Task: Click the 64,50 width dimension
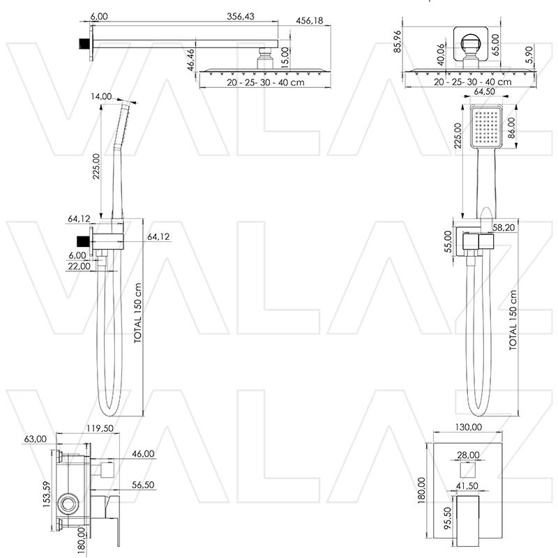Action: (x=485, y=92)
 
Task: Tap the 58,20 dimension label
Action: (x=504, y=227)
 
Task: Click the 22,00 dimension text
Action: (x=79, y=266)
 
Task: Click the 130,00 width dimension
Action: (x=467, y=428)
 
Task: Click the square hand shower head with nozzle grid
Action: (x=485, y=128)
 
